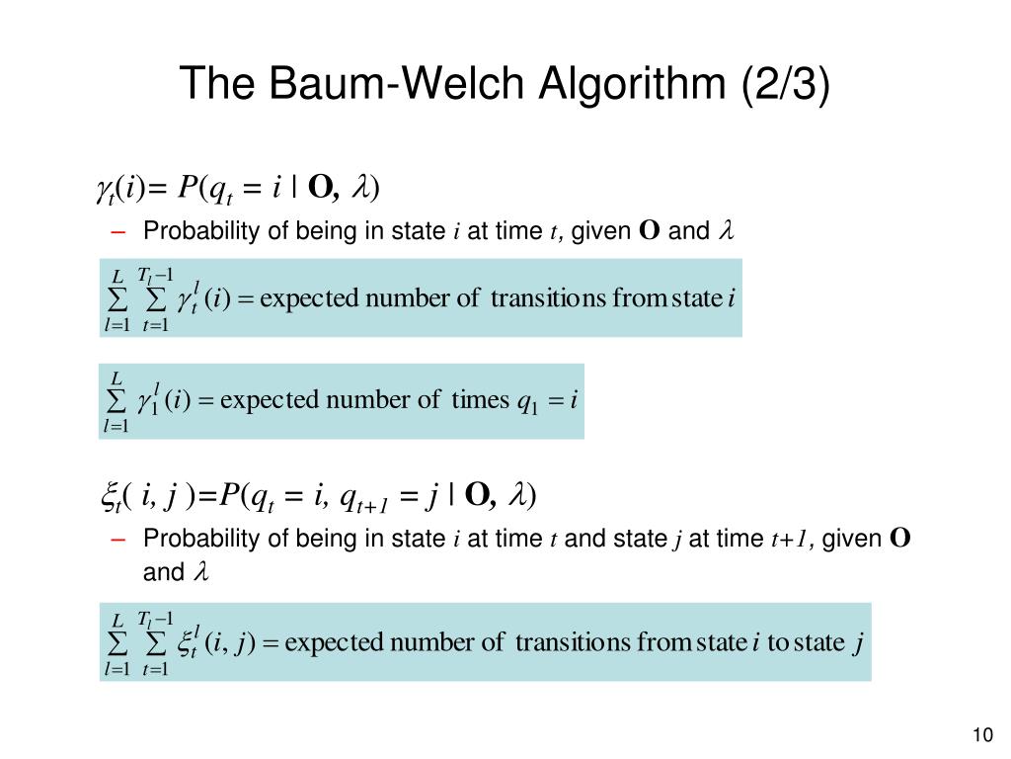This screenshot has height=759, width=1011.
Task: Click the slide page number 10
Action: point(981,735)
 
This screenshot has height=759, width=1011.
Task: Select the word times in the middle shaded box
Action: point(478,400)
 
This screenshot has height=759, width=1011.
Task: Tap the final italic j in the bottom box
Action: point(859,644)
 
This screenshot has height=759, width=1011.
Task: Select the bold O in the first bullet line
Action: point(649,232)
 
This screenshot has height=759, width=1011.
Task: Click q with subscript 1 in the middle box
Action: point(526,402)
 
